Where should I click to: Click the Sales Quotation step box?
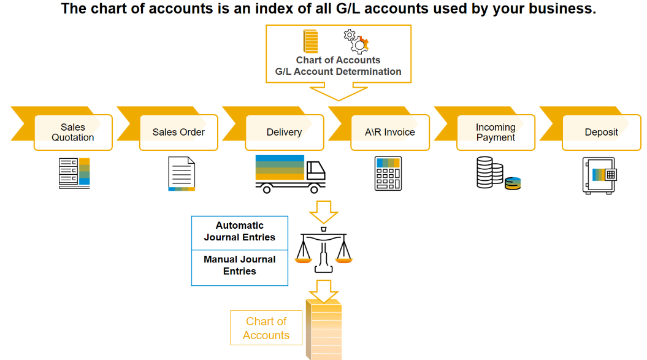click(x=73, y=132)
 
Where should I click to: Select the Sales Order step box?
click(x=178, y=132)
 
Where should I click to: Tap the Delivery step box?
click(x=285, y=132)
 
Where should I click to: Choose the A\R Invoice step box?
click(x=390, y=132)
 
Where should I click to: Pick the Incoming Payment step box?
click(x=496, y=132)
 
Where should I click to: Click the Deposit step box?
click(x=601, y=132)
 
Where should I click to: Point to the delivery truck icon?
click(x=291, y=174)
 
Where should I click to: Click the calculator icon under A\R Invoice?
click(x=388, y=174)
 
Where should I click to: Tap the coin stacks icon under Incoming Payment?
click(x=499, y=173)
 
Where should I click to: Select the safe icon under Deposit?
click(x=600, y=175)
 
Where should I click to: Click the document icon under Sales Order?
click(x=182, y=174)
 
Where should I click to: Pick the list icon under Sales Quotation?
click(x=74, y=174)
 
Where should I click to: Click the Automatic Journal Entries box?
click(x=240, y=233)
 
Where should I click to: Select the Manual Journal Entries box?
click(x=240, y=267)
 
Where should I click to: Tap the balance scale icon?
click(x=324, y=250)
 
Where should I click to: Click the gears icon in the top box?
click(x=356, y=42)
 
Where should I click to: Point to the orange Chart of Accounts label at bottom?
click(x=266, y=327)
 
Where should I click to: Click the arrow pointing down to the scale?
click(x=324, y=212)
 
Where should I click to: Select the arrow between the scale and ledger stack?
click(x=324, y=291)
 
